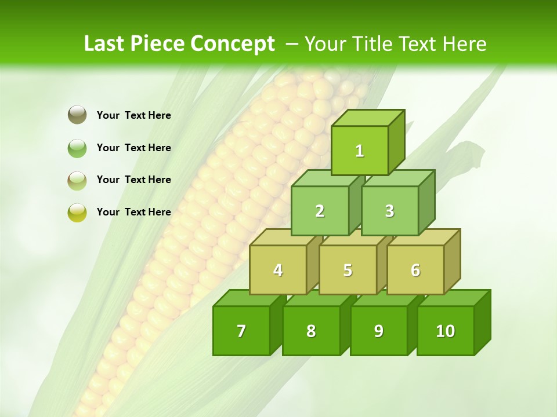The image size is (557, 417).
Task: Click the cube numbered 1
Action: [x=360, y=151]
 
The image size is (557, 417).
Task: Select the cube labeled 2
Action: [x=320, y=211]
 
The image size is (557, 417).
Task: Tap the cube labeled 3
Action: [x=389, y=211]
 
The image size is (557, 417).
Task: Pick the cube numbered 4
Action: [x=278, y=270]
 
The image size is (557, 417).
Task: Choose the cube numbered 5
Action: [x=348, y=270]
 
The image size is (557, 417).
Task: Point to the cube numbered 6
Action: [x=415, y=270]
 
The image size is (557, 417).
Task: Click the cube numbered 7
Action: [x=241, y=331]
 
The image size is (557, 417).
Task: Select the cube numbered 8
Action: [x=311, y=331]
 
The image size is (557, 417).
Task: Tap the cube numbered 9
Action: [x=378, y=331]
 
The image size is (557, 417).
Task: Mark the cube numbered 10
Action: [x=446, y=331]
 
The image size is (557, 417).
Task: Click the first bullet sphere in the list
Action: [x=77, y=115]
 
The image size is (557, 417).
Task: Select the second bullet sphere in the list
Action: [x=77, y=148]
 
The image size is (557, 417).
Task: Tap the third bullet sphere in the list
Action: [x=77, y=180]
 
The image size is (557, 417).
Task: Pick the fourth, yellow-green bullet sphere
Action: [x=77, y=212]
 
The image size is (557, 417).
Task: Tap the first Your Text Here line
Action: [x=134, y=115]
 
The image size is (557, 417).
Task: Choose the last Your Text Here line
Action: [x=134, y=212]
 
